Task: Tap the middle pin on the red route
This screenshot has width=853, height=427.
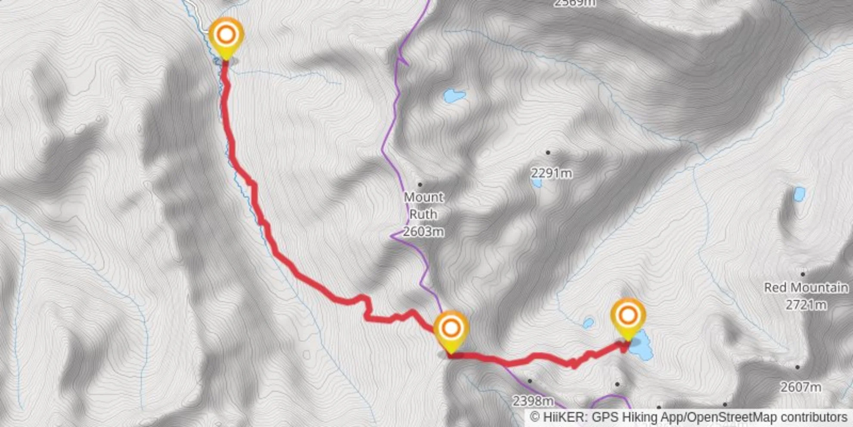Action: click(451, 329)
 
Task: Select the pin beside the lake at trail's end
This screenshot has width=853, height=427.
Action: click(628, 316)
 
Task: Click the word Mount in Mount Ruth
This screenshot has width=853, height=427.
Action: click(423, 197)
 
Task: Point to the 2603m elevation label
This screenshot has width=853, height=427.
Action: click(423, 232)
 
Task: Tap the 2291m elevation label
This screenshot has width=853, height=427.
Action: click(551, 173)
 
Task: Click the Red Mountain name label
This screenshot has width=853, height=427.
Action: click(806, 288)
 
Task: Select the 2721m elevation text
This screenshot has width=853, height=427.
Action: click(806, 305)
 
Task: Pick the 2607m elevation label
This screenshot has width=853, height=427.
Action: click(800, 387)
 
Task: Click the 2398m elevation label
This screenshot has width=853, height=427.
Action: click(533, 401)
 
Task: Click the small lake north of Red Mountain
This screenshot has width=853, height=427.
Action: click(799, 194)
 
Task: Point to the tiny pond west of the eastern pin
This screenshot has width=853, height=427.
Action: click(588, 323)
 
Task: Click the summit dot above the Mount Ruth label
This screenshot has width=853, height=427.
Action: click(420, 185)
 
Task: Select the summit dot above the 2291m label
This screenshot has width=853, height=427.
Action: click(548, 152)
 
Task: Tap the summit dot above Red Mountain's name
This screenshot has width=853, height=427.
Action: click(803, 274)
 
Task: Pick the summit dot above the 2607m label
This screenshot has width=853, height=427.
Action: click(797, 367)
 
